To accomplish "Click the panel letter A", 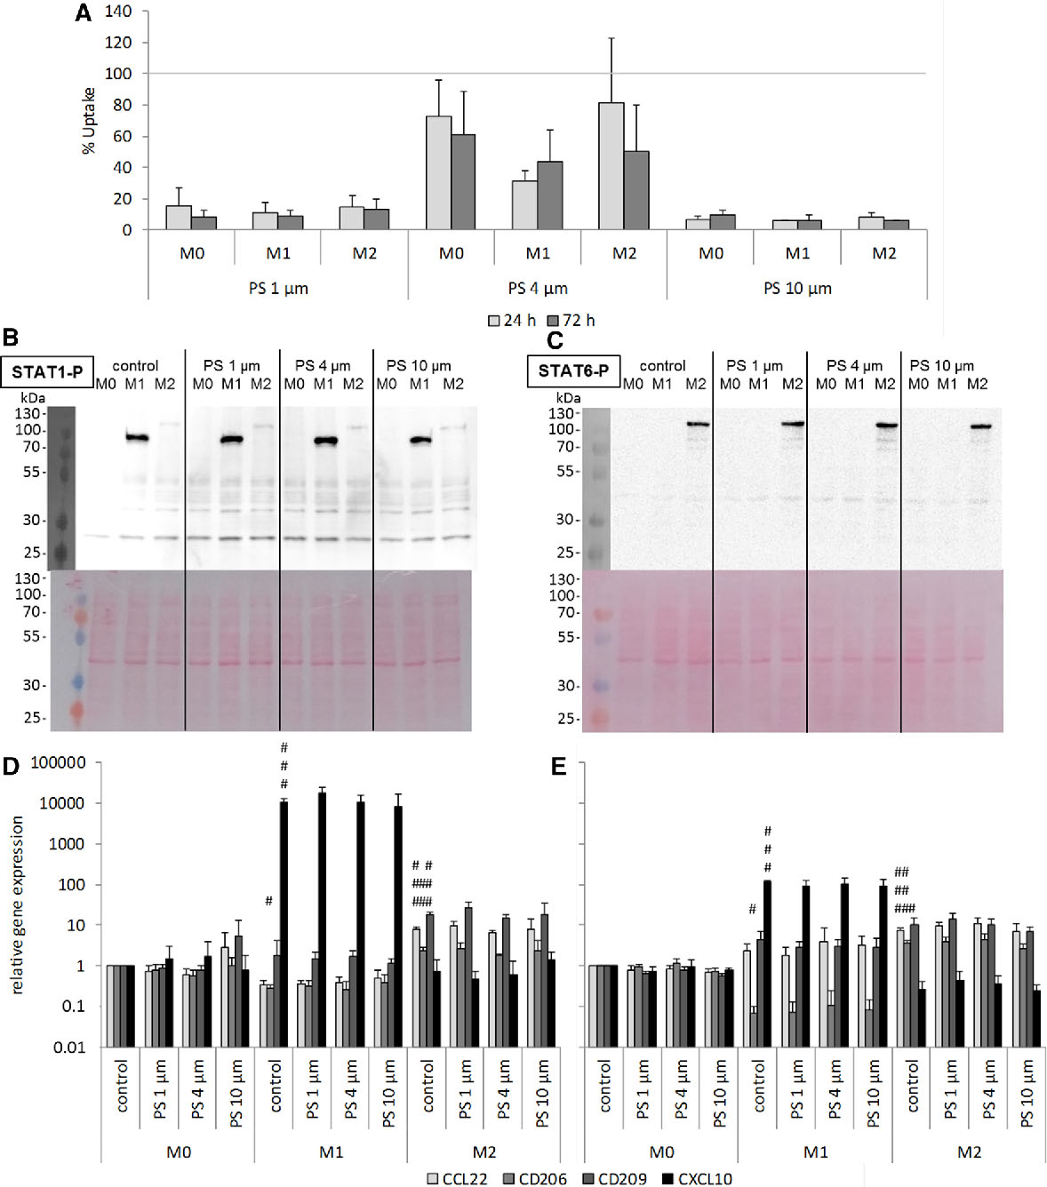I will click(x=83, y=13).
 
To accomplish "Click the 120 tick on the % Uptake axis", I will click(x=117, y=43).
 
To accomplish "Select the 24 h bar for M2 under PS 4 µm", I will click(x=611, y=166).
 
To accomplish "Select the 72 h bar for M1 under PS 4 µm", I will click(x=549, y=195).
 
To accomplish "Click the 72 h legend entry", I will click(x=571, y=320).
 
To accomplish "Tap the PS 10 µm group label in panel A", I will click(x=797, y=288).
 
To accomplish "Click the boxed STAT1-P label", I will click(x=47, y=372).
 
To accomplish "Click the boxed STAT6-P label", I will click(x=573, y=370).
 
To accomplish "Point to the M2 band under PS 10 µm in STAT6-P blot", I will click(x=979, y=426).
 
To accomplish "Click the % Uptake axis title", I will click(x=89, y=120).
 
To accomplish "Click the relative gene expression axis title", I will click(x=17, y=904).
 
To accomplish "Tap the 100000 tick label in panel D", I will click(x=58, y=763).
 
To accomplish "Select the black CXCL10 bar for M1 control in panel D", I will click(x=284, y=924).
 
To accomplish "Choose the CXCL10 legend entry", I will click(x=698, y=1179).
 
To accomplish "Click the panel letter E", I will click(x=558, y=767).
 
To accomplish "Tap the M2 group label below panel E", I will click(x=969, y=1151).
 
